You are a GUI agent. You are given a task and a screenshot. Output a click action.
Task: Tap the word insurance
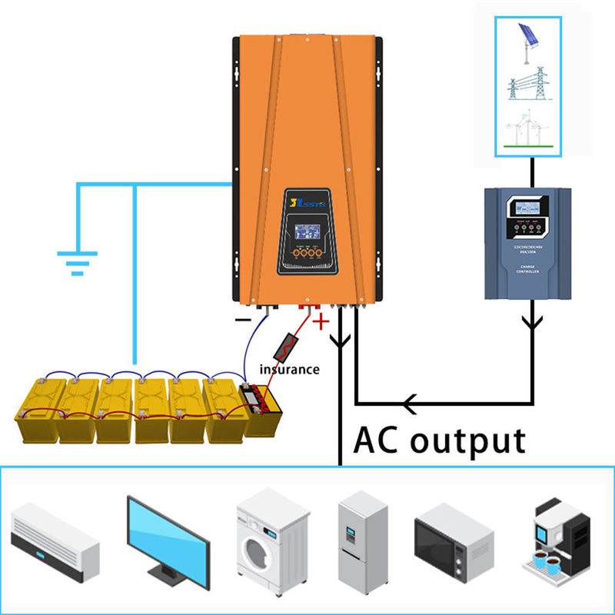(x=289, y=369)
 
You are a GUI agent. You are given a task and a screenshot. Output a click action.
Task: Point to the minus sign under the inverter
(x=243, y=318)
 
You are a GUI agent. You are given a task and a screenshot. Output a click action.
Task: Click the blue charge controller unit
(x=529, y=244)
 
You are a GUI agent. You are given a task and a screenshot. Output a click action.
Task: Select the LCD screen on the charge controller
(x=529, y=209)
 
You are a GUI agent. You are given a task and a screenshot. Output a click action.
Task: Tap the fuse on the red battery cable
(x=286, y=345)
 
